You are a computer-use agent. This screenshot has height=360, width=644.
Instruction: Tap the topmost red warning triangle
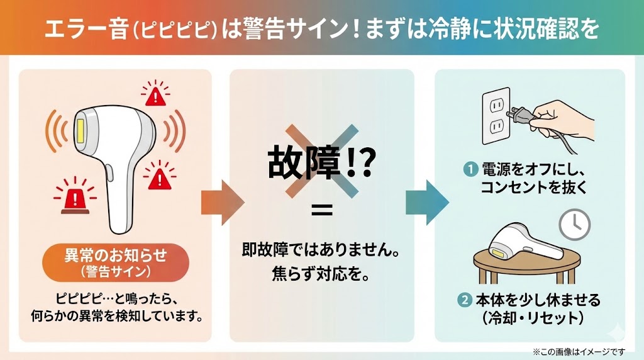tap(155, 96)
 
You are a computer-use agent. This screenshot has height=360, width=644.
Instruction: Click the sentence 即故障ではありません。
tap(321, 250)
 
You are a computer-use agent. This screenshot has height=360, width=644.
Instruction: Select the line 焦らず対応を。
tap(321, 275)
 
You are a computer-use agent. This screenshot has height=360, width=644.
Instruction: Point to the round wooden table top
tap(525, 255)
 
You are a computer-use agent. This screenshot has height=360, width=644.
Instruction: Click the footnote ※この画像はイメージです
tap(579, 351)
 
